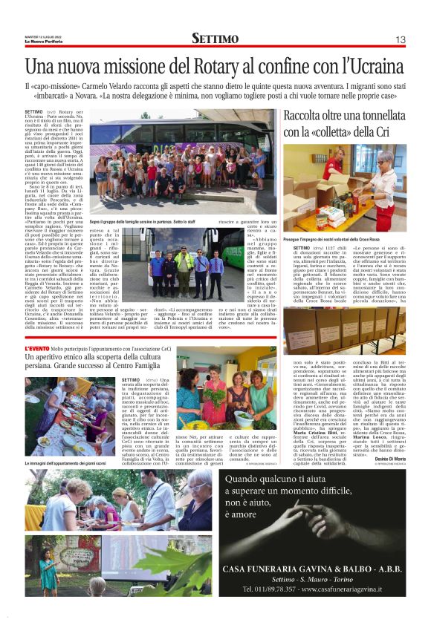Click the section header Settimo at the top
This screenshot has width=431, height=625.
coord(215,39)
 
